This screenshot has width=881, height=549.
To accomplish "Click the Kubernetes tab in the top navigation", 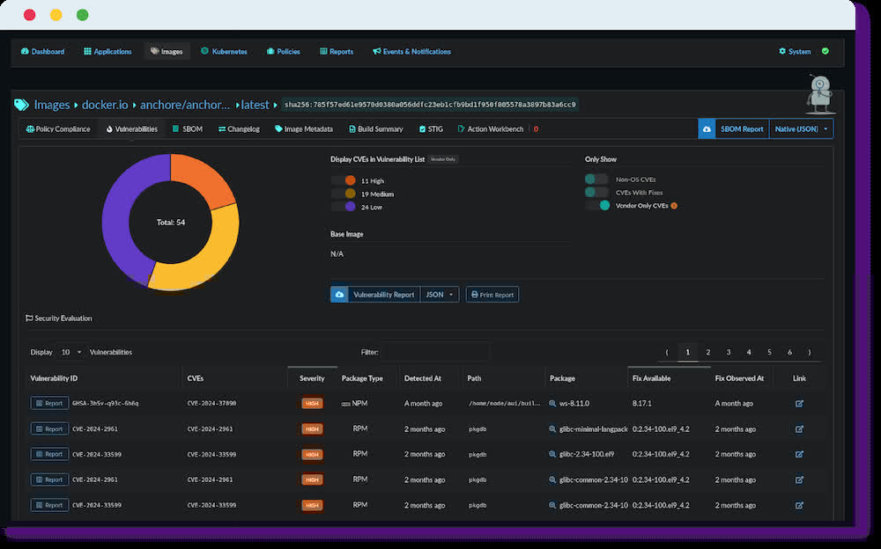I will click(224, 52).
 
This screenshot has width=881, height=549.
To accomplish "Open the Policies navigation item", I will click(283, 52).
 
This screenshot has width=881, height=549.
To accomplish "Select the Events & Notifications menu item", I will click(411, 52).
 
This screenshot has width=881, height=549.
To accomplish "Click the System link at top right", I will click(799, 52).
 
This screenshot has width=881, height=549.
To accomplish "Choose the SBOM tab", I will click(188, 129).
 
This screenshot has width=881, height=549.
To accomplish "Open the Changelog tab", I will click(239, 129).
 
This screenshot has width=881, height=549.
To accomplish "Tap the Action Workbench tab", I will click(494, 129).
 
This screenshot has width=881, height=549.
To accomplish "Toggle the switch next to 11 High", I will click(343, 180).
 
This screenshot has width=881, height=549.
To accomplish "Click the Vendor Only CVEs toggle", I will click(597, 205).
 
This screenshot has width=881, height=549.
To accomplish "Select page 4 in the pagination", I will click(749, 352).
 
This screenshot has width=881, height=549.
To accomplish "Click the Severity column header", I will click(312, 378).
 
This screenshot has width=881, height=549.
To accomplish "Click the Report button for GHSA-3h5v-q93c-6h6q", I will click(49, 403).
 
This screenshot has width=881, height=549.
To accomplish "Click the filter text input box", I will click(435, 352).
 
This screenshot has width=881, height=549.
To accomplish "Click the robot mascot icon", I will click(821, 94).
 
